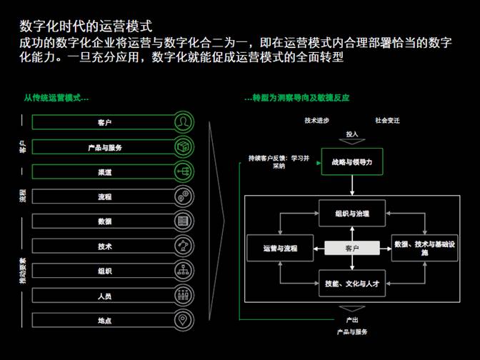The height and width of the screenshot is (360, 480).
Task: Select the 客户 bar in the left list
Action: tap(104, 123)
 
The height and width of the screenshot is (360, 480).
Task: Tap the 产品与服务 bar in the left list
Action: tap(104, 148)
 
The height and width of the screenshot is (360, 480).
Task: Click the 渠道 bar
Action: tap(104, 172)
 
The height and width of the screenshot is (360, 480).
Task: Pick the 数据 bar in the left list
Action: tap(104, 221)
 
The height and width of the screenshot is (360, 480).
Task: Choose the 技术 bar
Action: tap(104, 246)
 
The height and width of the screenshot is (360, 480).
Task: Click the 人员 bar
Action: tap(104, 296)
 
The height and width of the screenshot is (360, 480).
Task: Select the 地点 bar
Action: tap(104, 321)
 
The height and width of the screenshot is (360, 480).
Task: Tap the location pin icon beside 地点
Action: tap(184, 321)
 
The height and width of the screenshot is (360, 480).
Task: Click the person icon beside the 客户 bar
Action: tap(184, 123)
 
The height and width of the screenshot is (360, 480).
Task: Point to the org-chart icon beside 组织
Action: tap(184, 271)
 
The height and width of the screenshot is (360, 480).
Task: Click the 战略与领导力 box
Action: tap(351, 162)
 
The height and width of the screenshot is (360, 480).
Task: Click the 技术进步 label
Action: tap(316, 121)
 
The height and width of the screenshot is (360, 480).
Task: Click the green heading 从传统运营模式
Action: tap(56, 98)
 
